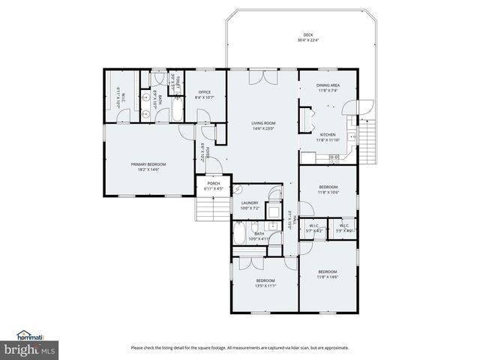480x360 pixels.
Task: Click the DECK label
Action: tap(307, 35)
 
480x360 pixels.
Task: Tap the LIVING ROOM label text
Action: tap(263, 123)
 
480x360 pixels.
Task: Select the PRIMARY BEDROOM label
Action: tap(148, 164)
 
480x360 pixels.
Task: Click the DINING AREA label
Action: tap(328, 85)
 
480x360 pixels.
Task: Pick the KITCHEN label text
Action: tap(328, 134)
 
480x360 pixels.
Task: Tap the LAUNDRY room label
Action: tap(250, 202)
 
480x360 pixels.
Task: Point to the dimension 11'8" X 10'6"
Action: tap(328, 193)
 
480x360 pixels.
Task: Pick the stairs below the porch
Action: tap(206, 207)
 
